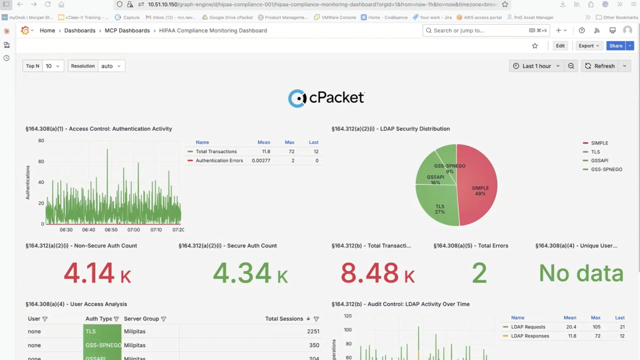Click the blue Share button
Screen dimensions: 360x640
coord(615,46)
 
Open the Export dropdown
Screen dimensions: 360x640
coord(589,46)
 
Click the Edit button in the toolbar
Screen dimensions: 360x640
coord(560,46)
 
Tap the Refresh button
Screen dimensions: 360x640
coord(600,66)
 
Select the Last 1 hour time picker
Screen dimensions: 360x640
coord(536,66)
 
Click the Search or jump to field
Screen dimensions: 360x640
coord(477,30)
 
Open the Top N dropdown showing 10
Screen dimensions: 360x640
coord(53,66)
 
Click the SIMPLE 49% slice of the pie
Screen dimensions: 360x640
coord(480,191)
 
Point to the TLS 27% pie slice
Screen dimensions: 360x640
coord(440,209)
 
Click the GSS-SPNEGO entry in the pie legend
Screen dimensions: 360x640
coord(606,169)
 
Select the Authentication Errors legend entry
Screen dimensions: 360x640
coord(219,161)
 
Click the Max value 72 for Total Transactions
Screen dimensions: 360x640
coord(291,151)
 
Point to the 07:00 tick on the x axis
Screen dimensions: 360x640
coord(133,230)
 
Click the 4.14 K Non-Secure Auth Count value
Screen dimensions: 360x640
coord(97,273)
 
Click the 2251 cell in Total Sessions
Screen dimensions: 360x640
coord(313,331)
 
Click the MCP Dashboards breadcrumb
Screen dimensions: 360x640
coord(127,30)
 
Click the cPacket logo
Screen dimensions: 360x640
coord(326,98)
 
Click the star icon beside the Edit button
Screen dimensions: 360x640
coord(535,46)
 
